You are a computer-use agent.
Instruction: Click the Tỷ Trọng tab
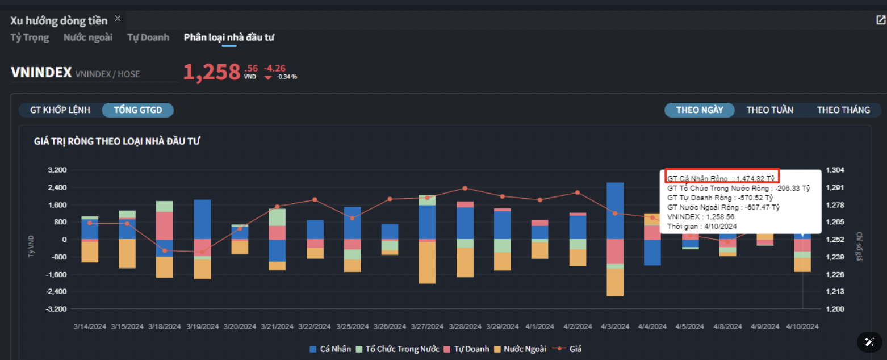click(x=30, y=37)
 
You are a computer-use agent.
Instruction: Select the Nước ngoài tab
click(x=88, y=37)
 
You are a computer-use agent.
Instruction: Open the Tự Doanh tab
click(x=148, y=37)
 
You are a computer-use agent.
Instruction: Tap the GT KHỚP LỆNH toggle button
click(x=60, y=110)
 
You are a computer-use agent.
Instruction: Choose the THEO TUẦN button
click(x=769, y=110)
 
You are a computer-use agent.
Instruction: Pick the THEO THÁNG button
click(x=843, y=110)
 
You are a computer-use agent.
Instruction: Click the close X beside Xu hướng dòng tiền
click(x=118, y=18)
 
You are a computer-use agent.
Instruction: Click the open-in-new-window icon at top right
click(x=881, y=20)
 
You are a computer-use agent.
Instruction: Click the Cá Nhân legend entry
click(x=330, y=349)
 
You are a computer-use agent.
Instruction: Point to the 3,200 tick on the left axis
click(x=58, y=170)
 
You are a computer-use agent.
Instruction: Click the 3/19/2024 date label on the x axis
click(x=202, y=327)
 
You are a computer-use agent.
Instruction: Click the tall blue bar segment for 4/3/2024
click(x=615, y=211)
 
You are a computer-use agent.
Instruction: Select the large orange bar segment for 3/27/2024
click(x=427, y=262)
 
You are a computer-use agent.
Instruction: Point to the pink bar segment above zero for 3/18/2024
click(x=165, y=225)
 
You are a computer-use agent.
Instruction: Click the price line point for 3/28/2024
click(x=465, y=188)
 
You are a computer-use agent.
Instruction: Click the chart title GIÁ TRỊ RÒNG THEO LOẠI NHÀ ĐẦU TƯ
click(x=116, y=141)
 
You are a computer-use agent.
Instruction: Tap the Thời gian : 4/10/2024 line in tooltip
click(x=702, y=227)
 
